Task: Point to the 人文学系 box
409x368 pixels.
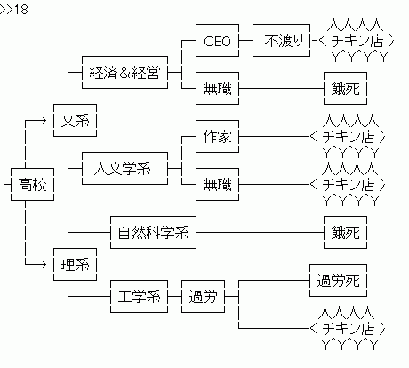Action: [x=124, y=166]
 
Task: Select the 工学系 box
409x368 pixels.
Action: [x=139, y=296]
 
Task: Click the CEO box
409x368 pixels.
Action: [x=217, y=41]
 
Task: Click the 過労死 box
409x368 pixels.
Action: [x=338, y=281]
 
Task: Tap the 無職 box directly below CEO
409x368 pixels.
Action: [x=217, y=89]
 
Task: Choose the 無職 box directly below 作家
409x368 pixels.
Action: [x=217, y=185]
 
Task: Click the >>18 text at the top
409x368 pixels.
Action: [x=15, y=8]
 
